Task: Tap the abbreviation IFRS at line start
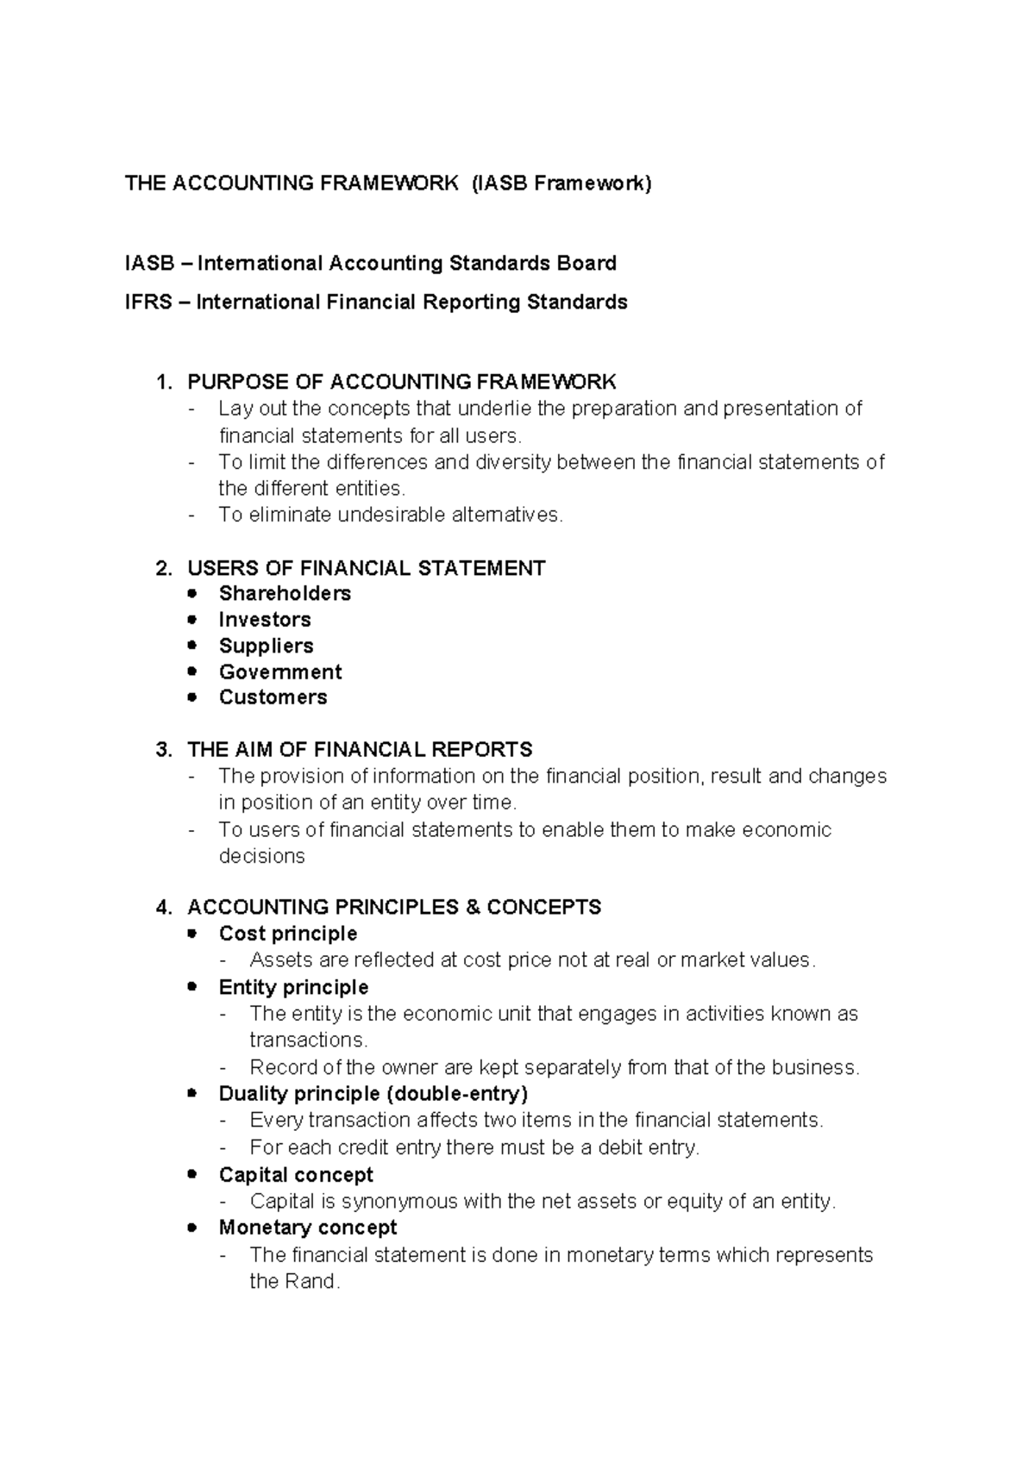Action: [x=147, y=303]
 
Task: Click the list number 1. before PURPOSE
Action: [x=164, y=382]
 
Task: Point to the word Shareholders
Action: [x=285, y=594]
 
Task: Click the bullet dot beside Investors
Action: [x=192, y=620]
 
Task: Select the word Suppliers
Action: [x=266, y=647]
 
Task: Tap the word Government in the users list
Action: [x=280, y=672]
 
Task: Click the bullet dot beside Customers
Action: [x=192, y=697]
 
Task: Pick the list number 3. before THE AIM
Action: [x=164, y=750]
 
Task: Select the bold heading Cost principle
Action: [x=288, y=934]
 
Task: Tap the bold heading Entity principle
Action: [x=293, y=988]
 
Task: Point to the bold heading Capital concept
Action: [x=296, y=1176]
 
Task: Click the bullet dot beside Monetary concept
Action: [x=192, y=1228]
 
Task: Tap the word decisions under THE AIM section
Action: [x=261, y=857]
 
